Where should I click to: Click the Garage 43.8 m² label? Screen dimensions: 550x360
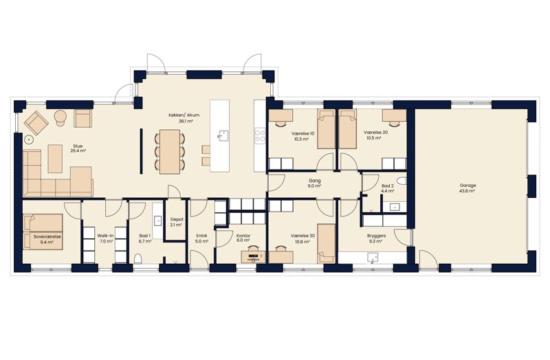click(467, 188)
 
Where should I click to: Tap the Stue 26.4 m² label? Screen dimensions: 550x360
click(78, 148)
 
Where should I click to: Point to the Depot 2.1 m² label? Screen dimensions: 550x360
click(177, 222)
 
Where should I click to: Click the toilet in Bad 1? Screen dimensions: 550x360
click(138, 259)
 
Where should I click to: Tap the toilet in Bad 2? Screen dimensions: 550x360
click(403, 181)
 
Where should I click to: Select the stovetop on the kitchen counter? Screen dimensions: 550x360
click(260, 135)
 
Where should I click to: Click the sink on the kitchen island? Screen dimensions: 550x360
click(223, 135)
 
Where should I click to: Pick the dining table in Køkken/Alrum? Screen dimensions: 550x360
click(170, 152)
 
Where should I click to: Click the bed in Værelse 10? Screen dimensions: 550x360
click(326, 129)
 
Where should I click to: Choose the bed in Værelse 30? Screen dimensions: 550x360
click(326, 244)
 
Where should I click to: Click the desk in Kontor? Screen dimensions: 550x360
click(253, 256)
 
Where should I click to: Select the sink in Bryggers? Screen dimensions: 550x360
click(373, 258)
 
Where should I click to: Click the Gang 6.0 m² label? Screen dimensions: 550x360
click(315, 183)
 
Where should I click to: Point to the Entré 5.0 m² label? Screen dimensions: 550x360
click(201, 238)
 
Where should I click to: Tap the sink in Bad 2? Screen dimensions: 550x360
click(394, 207)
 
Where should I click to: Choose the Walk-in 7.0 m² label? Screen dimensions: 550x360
click(105, 238)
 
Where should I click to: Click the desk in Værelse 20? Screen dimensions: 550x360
click(394, 115)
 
